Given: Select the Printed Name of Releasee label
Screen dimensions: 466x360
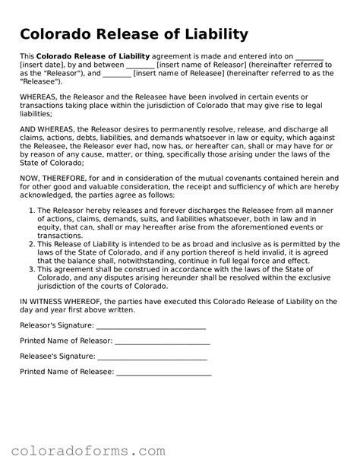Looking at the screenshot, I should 66,372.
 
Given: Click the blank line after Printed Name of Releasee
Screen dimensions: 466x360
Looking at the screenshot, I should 164,374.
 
